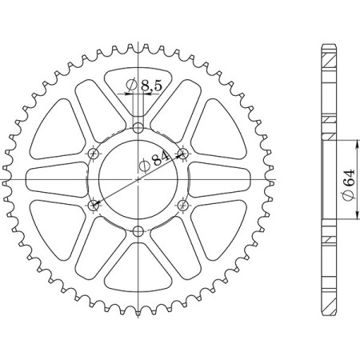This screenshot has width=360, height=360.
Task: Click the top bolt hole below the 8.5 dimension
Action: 138,128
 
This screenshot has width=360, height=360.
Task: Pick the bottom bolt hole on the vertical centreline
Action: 138,232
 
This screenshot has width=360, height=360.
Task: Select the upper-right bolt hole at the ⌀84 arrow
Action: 183,154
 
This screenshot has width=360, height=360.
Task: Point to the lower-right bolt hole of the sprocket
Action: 183,206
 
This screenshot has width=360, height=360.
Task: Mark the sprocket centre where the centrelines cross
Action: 138,180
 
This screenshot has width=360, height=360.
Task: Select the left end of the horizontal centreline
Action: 4,180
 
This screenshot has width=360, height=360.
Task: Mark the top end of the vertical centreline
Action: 138,40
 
